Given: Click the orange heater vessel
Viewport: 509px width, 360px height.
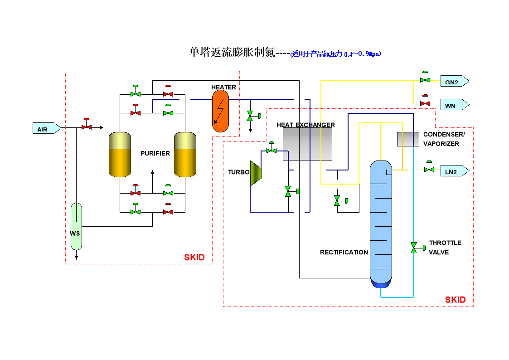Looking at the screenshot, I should point(221,110).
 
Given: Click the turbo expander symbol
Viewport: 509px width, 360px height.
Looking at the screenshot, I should point(257,173).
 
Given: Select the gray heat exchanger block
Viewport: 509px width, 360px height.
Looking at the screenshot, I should point(307,144).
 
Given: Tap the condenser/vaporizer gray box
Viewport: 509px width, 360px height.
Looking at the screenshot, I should point(408,139).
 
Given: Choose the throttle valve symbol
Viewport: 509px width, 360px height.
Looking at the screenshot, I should point(414,248).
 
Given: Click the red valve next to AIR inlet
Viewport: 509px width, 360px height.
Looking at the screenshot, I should point(86,126).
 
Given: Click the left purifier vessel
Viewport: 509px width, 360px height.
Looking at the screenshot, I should point(120,154).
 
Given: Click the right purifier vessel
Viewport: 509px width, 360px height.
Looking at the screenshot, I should point(185,154).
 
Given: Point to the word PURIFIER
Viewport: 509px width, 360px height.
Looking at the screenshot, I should point(155,153).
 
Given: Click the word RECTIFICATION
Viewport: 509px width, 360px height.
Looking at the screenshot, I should point(344,252).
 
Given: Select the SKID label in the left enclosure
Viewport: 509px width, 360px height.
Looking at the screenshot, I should point(194,258).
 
